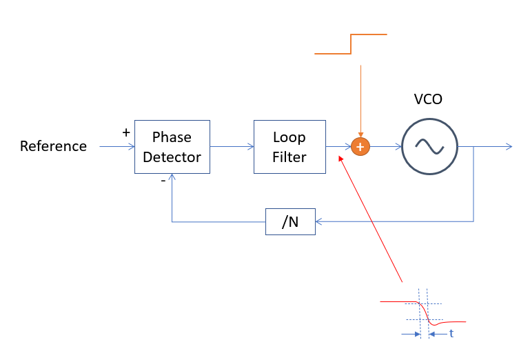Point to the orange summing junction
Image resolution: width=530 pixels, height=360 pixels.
(x=360, y=147)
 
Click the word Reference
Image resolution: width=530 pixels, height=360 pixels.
(x=53, y=146)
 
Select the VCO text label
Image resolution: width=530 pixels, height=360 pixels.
(x=428, y=99)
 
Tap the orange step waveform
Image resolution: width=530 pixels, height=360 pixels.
(x=351, y=44)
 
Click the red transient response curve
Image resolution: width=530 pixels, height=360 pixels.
(x=424, y=311)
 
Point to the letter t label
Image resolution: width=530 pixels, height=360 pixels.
(x=451, y=334)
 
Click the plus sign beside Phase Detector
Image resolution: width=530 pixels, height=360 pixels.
(x=126, y=132)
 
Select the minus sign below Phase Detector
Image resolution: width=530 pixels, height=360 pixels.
(x=163, y=181)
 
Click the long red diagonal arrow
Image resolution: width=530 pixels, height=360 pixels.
(x=371, y=219)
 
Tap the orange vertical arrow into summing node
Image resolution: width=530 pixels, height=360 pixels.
(x=360, y=101)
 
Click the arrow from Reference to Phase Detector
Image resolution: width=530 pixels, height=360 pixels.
(x=117, y=146)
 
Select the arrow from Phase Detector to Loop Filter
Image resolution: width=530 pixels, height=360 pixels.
(x=232, y=146)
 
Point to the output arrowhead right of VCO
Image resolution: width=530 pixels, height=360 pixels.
(x=509, y=146)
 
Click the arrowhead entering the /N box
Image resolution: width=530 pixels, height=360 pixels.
(x=318, y=221)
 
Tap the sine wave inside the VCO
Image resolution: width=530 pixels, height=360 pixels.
(x=429, y=147)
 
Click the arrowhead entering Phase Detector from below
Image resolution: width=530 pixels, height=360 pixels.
(x=172, y=177)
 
